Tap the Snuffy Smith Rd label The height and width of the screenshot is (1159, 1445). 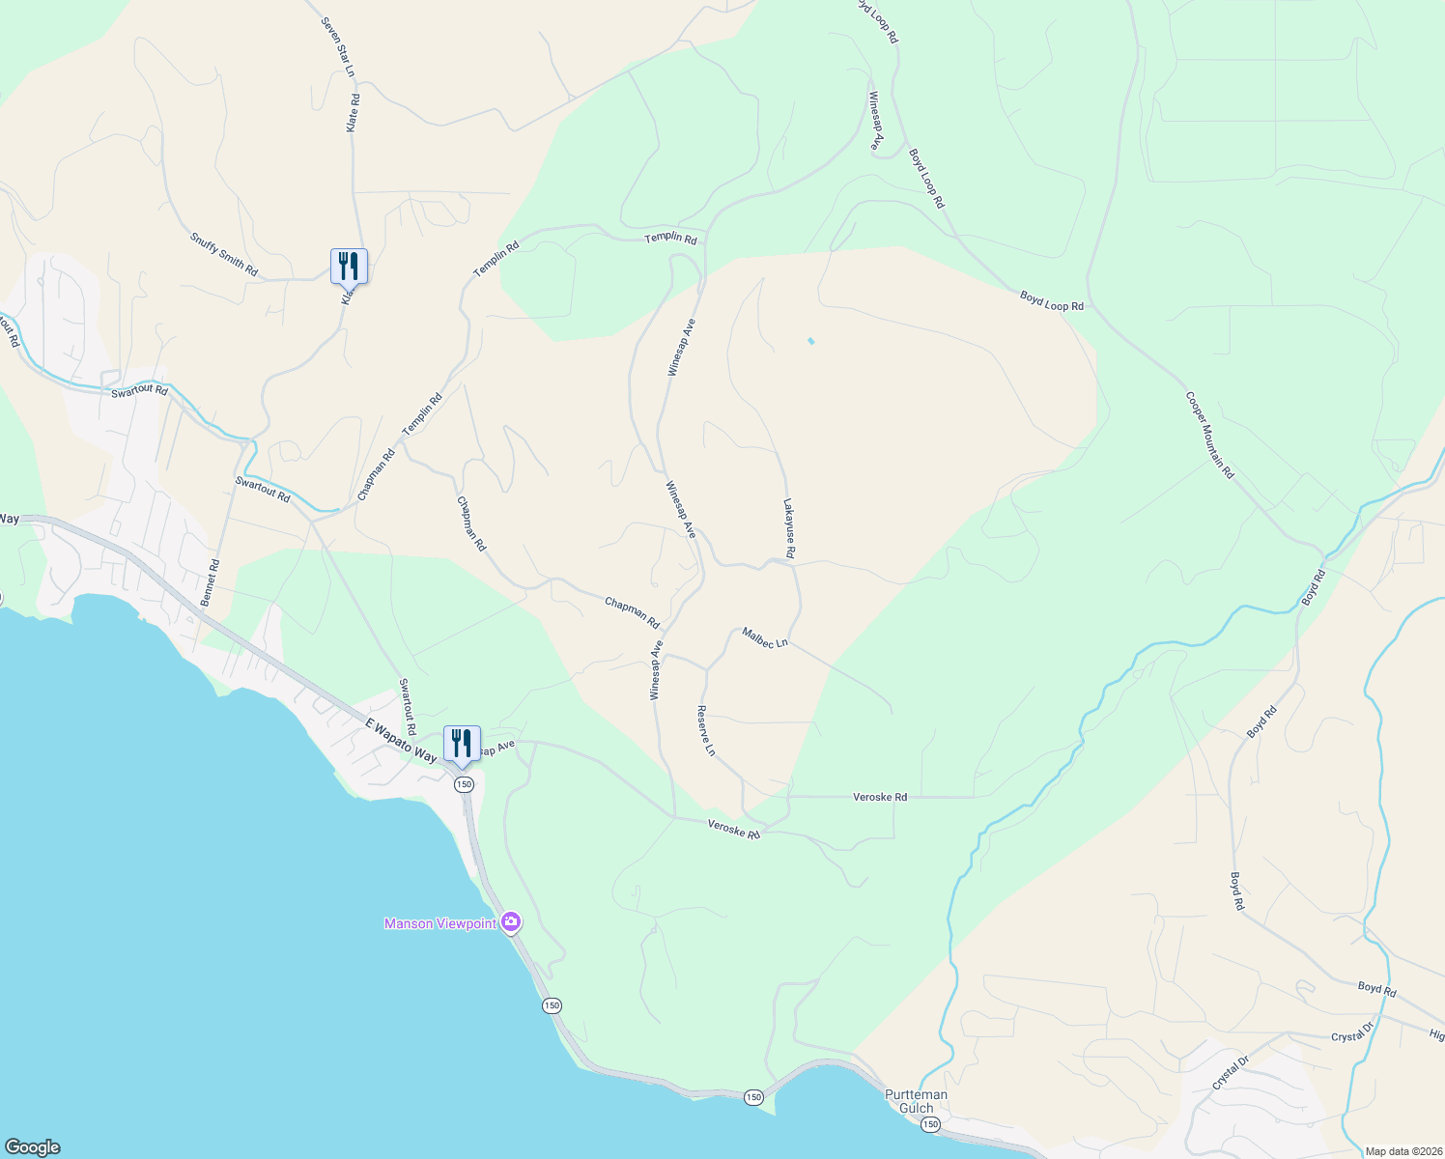click(x=224, y=255)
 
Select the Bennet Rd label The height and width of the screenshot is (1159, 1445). click(x=211, y=583)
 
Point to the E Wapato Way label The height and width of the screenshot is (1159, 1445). click(x=400, y=741)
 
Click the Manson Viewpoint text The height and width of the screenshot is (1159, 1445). click(x=440, y=923)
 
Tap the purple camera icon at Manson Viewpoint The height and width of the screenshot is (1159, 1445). click(x=512, y=922)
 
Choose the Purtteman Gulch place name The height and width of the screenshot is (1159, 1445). click(x=917, y=1101)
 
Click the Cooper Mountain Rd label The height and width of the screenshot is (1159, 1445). click(x=1209, y=435)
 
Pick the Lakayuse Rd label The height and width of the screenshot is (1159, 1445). click(x=789, y=528)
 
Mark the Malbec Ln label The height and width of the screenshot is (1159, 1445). click(x=765, y=637)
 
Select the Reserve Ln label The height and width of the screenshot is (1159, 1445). click(x=706, y=730)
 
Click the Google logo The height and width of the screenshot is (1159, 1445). click(x=33, y=1147)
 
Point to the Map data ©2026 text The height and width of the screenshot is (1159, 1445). click(x=1402, y=1151)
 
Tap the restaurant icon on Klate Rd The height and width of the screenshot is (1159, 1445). click(x=349, y=265)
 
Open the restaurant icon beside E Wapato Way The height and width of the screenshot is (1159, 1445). click(x=462, y=744)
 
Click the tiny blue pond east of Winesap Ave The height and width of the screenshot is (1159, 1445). click(x=810, y=341)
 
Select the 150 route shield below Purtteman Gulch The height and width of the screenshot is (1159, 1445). click(x=929, y=1124)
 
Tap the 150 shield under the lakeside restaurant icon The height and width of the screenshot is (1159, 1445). click(x=465, y=784)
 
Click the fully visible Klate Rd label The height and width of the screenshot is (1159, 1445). click(x=354, y=113)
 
